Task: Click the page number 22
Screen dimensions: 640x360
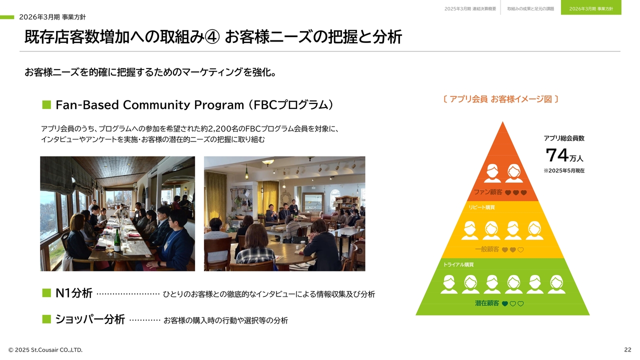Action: click(x=627, y=349)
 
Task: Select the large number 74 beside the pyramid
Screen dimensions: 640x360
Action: click(x=557, y=155)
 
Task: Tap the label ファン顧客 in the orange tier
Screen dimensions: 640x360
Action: click(x=488, y=192)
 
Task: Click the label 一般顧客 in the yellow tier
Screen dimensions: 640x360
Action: click(x=487, y=249)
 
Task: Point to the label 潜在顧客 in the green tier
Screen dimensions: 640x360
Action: click(x=487, y=303)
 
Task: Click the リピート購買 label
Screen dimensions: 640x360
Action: click(x=481, y=207)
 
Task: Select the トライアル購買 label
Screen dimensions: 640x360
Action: click(x=458, y=264)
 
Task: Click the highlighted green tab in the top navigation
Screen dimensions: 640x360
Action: click(x=591, y=7)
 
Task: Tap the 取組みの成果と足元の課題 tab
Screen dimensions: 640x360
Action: click(x=530, y=9)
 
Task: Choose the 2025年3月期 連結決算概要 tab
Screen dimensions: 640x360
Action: click(x=470, y=9)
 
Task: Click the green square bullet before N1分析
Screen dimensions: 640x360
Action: click(x=46, y=293)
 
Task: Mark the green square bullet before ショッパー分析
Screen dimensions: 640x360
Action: click(x=46, y=319)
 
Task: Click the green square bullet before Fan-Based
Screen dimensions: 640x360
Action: click(x=46, y=104)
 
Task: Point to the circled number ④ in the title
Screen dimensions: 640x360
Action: click(x=212, y=37)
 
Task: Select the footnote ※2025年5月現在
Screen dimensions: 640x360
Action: click(x=564, y=170)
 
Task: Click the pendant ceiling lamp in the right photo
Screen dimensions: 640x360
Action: click(x=268, y=162)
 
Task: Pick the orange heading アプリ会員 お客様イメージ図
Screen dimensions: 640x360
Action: click(x=500, y=99)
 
